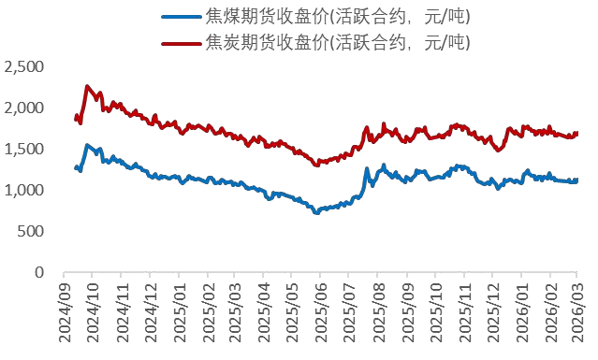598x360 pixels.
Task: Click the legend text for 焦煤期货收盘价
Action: tap(336, 17)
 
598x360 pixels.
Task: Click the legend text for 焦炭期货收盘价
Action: tap(336, 42)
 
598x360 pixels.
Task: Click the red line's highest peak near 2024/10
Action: tap(87, 87)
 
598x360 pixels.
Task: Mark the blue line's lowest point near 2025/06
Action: tap(316, 213)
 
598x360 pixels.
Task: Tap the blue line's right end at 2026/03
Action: tap(576, 180)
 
